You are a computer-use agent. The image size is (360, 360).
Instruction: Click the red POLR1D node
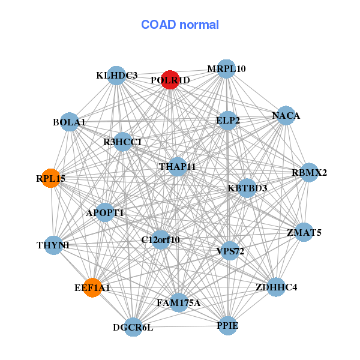pos(170,81)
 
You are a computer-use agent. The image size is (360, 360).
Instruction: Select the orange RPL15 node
pos(50,178)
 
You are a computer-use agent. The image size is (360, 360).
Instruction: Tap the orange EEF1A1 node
pos(92,287)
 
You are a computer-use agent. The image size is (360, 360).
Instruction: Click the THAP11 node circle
pos(177,166)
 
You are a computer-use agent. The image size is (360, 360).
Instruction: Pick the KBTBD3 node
pos(247,188)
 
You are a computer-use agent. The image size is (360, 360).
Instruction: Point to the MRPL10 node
pos(226,68)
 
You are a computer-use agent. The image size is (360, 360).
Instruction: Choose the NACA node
pos(286,116)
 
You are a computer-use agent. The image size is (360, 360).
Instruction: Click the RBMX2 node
pos(309,173)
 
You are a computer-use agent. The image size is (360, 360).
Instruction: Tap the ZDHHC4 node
pos(275,287)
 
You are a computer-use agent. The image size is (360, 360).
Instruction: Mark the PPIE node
pos(227,325)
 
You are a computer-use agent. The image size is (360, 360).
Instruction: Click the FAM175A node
pos(178,302)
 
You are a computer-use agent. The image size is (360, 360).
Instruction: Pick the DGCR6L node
pos(134,327)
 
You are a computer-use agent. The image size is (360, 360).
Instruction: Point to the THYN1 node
pos(53,245)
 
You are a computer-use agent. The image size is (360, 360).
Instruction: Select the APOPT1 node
pos(105,212)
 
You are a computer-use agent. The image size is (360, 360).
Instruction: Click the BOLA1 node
pos(70,122)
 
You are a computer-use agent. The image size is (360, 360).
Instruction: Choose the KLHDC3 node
pos(117,76)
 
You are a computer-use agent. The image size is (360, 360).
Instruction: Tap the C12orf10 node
pos(160,239)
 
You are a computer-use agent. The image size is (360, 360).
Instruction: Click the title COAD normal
pos(180,25)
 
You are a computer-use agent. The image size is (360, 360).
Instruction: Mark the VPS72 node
pos(230,251)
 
